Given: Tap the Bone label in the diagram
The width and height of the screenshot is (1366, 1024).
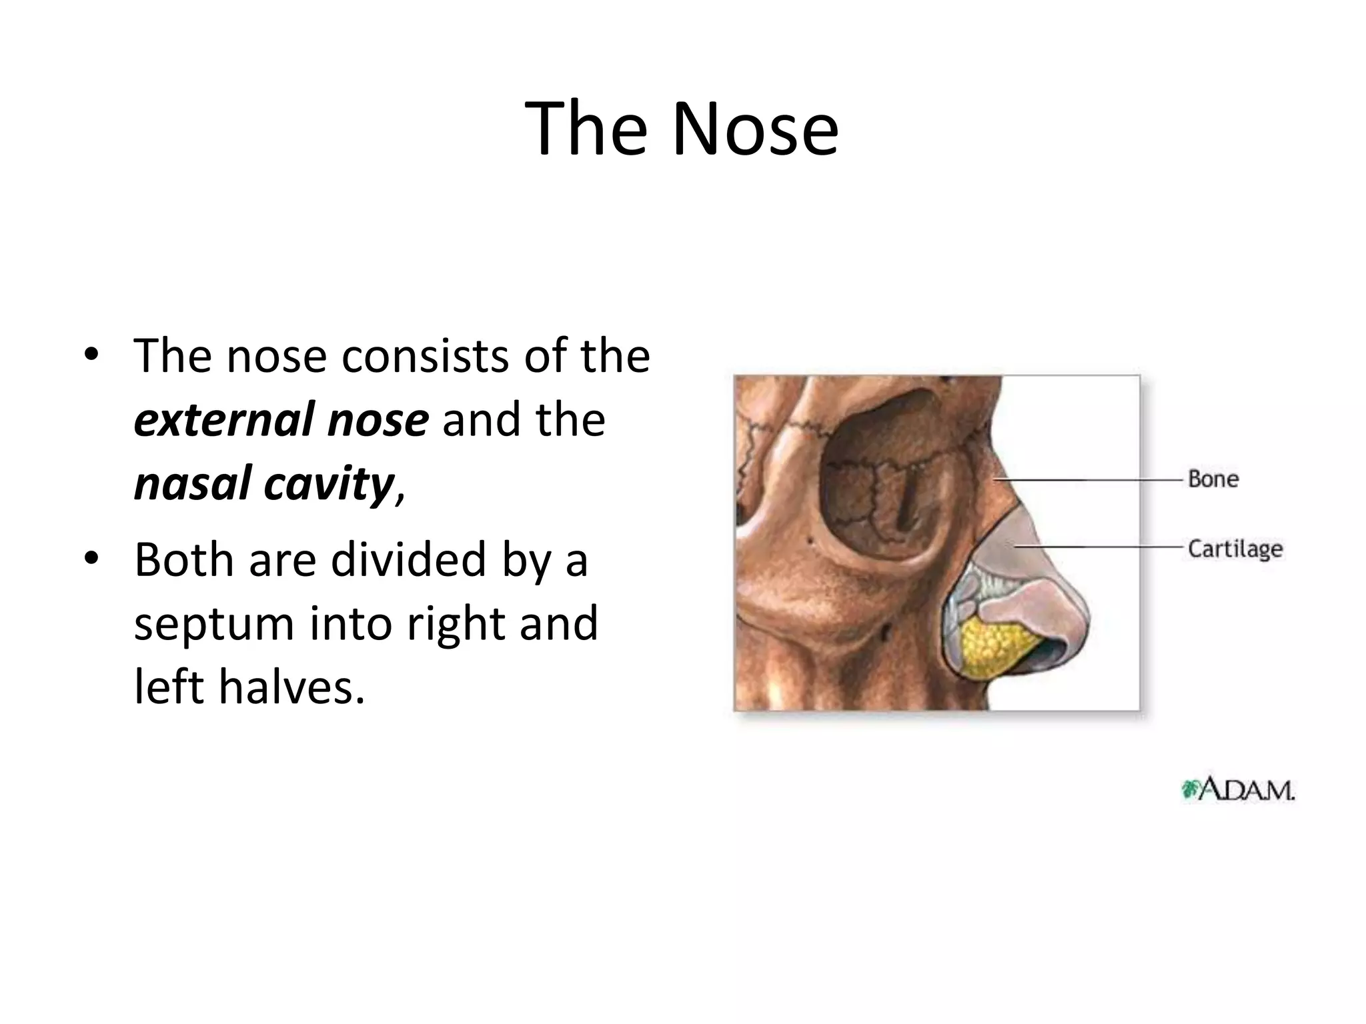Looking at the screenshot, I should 1213,479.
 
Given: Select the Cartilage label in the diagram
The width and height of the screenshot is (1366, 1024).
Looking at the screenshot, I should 1235,549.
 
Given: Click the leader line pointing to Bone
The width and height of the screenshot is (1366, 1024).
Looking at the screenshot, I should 1094,479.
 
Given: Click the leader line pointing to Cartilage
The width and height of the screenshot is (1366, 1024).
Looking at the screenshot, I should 1101,547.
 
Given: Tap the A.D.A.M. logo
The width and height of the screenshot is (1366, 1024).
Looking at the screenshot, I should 1238,791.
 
